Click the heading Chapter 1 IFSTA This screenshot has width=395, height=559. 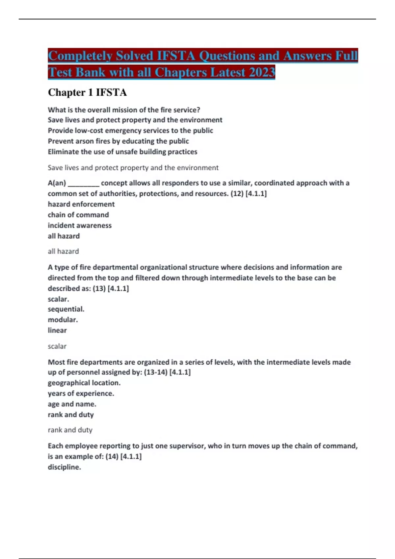point(87,92)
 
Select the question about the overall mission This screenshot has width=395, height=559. point(124,110)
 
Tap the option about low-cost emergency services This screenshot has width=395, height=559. point(130,131)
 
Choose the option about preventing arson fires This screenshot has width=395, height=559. point(118,141)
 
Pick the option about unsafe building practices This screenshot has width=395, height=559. point(122,152)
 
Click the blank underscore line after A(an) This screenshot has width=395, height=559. point(83,183)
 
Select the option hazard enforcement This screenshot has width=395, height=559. point(81,204)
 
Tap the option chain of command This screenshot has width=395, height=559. point(78,215)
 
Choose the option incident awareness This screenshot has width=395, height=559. point(80,226)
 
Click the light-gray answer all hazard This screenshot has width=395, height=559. point(63,252)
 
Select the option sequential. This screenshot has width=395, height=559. point(66,309)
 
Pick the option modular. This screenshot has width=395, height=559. point(63,320)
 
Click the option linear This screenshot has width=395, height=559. point(57,330)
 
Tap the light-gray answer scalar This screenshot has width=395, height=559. point(57,346)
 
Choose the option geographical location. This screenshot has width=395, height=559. point(84,383)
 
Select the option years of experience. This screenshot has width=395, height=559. point(81,394)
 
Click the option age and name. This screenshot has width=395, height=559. point(72,404)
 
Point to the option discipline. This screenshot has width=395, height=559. point(64,467)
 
